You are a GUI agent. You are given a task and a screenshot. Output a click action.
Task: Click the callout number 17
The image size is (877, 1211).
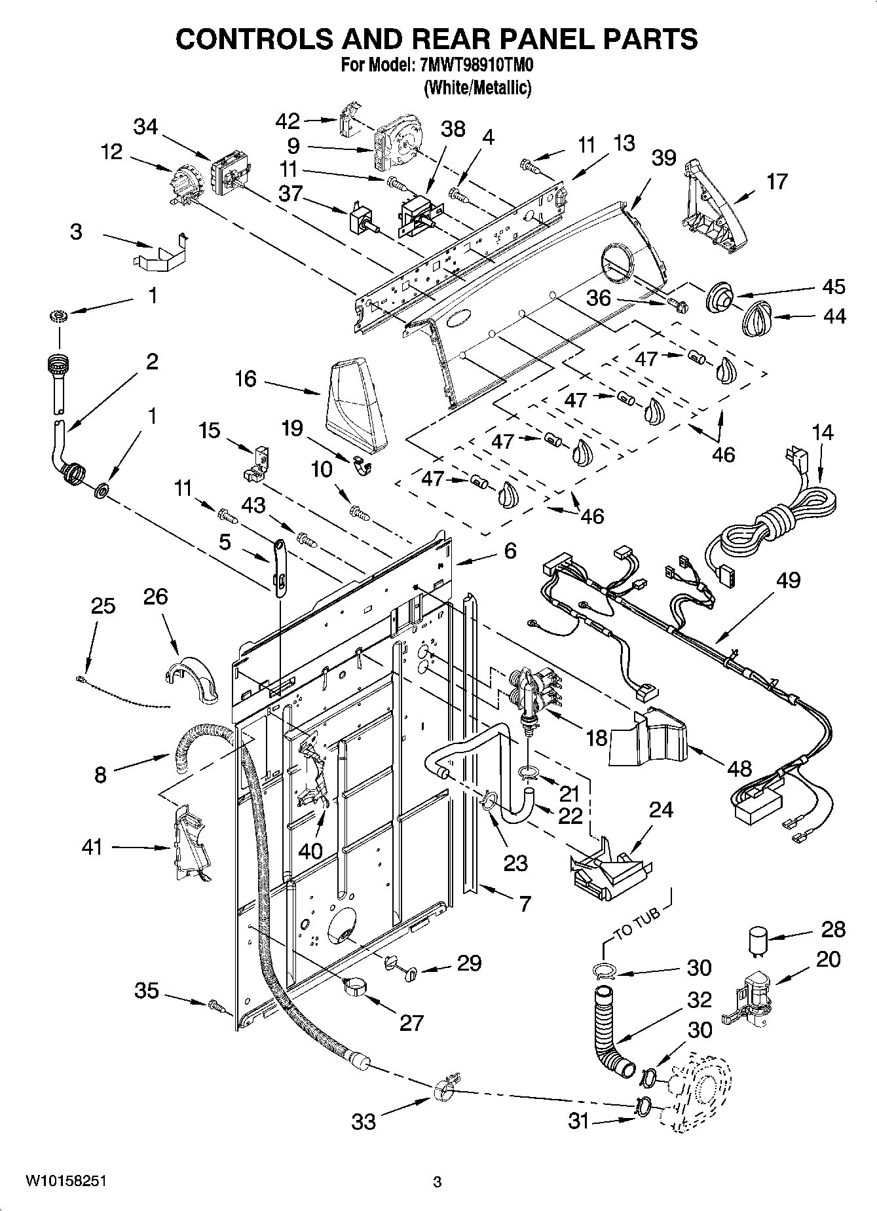tap(777, 181)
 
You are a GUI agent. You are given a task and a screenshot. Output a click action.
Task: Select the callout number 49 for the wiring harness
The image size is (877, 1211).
tap(789, 580)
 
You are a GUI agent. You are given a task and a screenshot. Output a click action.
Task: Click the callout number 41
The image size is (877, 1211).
tap(92, 847)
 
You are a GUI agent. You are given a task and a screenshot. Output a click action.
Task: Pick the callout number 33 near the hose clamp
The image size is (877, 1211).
tap(364, 1121)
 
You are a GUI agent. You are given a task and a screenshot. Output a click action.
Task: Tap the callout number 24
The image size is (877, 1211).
tap(661, 810)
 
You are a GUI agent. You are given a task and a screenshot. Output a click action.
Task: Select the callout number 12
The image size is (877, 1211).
tap(111, 152)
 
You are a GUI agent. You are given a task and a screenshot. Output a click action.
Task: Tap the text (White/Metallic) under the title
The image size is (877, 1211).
tap(477, 87)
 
